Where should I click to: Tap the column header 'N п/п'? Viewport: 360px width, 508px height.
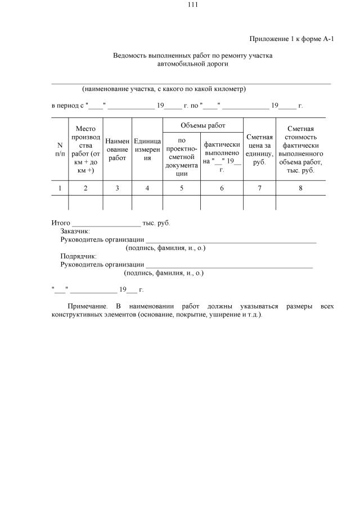point(60,149)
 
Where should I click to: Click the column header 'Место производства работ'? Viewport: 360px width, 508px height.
point(85,149)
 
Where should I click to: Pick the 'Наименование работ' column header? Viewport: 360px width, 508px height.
point(117,149)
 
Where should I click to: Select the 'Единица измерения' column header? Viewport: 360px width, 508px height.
point(147,149)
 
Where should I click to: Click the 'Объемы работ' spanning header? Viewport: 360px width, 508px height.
point(202,124)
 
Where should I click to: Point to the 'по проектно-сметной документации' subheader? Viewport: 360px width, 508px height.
point(182,157)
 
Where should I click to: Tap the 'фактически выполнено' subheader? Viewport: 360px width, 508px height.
point(222,152)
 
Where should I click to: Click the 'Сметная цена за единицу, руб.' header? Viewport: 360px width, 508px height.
point(259,149)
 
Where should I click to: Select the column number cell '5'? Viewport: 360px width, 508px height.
point(182,188)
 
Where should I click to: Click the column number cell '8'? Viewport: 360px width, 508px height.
point(300,188)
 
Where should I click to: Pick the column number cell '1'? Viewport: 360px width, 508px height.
point(60,188)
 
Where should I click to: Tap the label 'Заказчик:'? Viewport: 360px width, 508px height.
point(75,231)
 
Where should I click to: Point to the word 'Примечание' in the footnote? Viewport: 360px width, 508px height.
point(87,306)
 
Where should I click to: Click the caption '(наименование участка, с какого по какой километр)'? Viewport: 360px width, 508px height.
point(164,89)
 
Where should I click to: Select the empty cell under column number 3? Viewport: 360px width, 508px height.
point(117,203)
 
